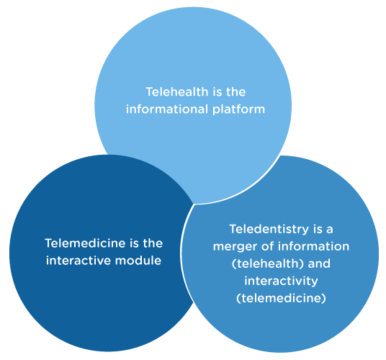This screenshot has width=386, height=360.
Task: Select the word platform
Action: click(239, 109)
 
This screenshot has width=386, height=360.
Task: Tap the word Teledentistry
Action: click(269, 230)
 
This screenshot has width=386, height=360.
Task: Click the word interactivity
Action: click(281, 282)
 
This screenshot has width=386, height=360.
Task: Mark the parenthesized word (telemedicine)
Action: click(281, 298)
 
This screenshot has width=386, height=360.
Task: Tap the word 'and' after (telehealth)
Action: click(319, 264)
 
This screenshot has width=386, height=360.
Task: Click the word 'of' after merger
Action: click(268, 246)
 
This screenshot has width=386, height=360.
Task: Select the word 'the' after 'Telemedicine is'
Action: click(153, 243)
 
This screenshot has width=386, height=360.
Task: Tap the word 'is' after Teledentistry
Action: click(318, 229)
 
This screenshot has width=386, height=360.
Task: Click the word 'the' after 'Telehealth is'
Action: click(235, 91)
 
